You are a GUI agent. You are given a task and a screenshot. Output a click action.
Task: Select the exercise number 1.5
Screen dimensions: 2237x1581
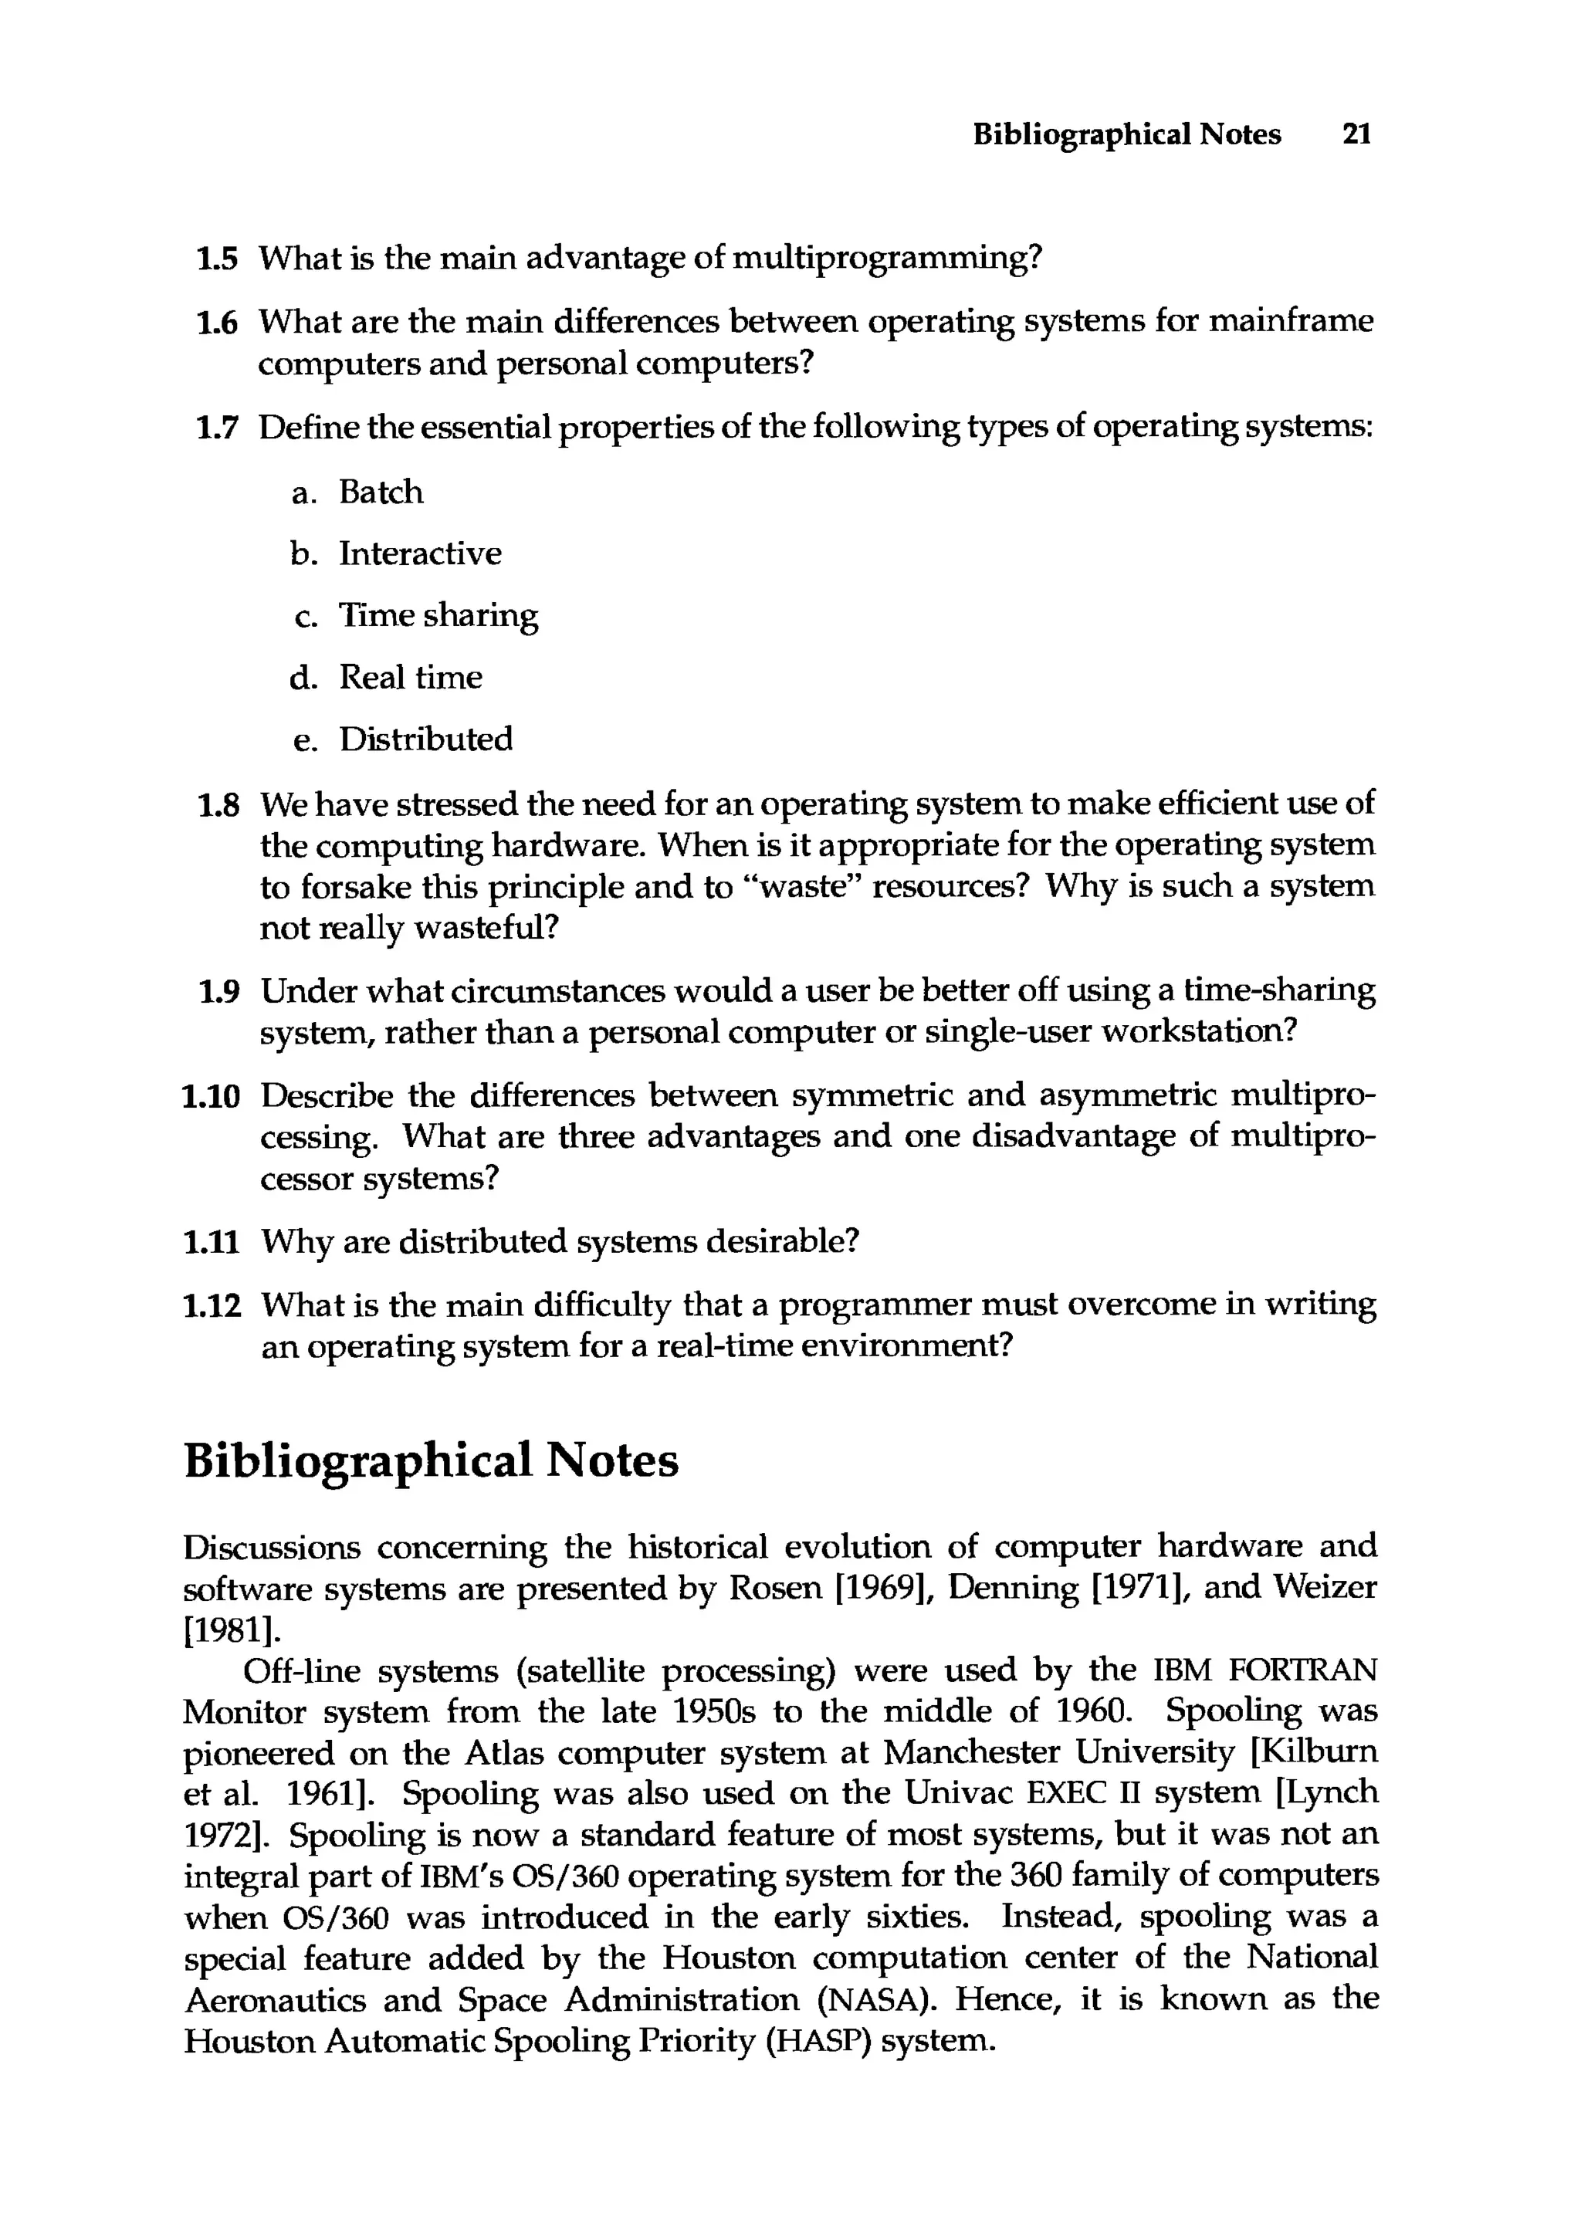point(216,259)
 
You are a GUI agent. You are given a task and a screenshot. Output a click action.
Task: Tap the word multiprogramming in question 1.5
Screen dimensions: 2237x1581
point(885,259)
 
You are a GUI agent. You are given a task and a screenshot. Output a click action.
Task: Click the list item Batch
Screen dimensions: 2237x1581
point(381,492)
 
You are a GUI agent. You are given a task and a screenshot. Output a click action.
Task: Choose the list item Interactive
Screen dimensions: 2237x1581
point(420,553)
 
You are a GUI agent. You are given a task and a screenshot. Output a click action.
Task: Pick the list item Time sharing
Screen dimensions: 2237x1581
point(438,616)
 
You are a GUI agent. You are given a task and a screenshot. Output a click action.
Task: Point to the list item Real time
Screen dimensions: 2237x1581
point(410,677)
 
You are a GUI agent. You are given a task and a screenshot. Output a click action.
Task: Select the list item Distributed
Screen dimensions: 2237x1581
point(425,739)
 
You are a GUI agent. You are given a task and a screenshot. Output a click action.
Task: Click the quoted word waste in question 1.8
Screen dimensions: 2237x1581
point(802,887)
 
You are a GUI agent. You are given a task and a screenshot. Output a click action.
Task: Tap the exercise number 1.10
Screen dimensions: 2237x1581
point(212,1096)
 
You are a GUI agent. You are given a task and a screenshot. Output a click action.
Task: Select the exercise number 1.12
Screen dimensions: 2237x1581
point(212,1305)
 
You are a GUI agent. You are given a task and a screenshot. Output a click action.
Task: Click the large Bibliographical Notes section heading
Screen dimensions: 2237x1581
point(431,1460)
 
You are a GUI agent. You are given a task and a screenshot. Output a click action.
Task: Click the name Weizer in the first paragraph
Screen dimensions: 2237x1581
point(1325,1589)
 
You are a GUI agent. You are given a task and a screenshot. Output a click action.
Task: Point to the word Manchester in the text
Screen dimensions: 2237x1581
point(971,1754)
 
